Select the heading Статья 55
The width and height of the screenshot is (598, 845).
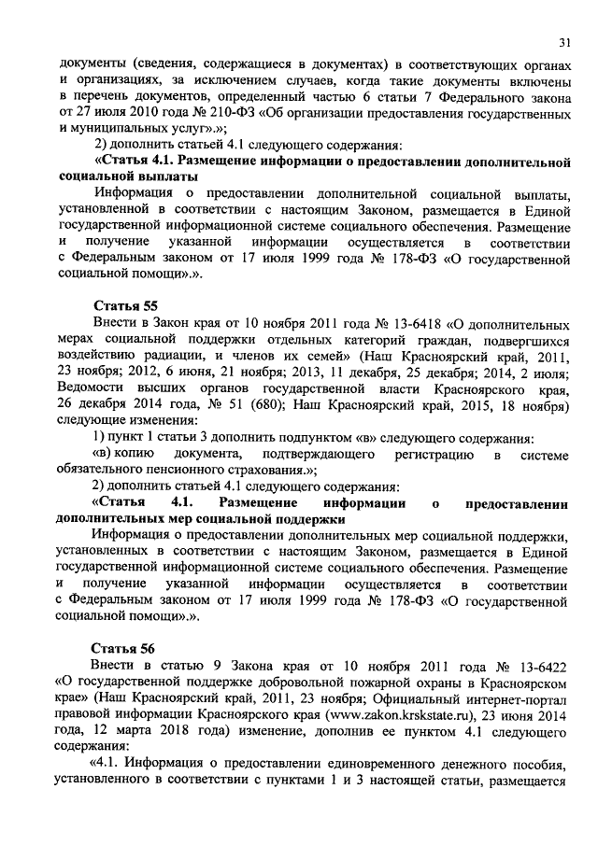point(125,305)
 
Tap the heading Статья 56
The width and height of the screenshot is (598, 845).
point(125,648)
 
